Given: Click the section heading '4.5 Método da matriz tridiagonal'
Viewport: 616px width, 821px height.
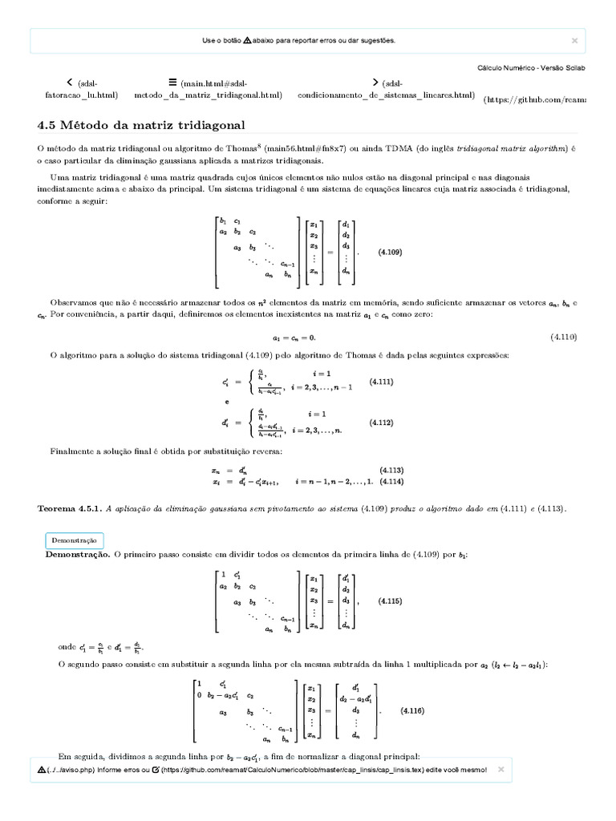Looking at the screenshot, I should click(141, 126).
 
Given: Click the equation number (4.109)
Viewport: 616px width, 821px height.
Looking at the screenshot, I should click(391, 252).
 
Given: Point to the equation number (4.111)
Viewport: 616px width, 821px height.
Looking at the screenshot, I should click(381, 382).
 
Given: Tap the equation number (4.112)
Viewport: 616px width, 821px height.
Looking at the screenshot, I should click(381, 423).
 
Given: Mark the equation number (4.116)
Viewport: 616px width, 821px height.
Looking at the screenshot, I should click(412, 711).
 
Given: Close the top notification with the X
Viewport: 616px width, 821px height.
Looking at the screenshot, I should click(574, 39).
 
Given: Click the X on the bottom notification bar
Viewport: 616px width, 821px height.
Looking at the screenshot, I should click(501, 769).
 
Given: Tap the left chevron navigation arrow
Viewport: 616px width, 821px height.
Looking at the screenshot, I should click(71, 82).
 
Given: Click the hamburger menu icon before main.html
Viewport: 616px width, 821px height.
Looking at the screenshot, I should click(172, 82).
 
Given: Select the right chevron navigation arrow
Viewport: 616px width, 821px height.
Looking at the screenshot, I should click(375, 82).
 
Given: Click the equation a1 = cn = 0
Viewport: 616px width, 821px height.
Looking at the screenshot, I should click(294, 337).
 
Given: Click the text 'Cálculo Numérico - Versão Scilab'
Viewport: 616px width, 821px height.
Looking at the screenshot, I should click(531, 67).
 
